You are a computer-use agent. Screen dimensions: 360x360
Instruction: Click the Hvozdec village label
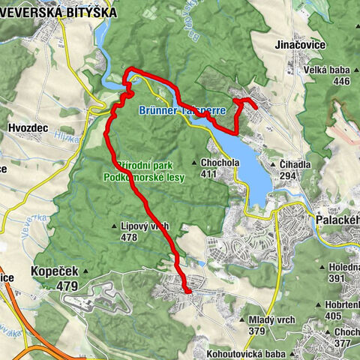pyautogui.click(x=28, y=128)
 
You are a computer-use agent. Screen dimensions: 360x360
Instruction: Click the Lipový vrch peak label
pyautogui.click(x=144, y=226)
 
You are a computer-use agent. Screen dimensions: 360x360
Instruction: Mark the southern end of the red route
pyautogui.click(x=187, y=291)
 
